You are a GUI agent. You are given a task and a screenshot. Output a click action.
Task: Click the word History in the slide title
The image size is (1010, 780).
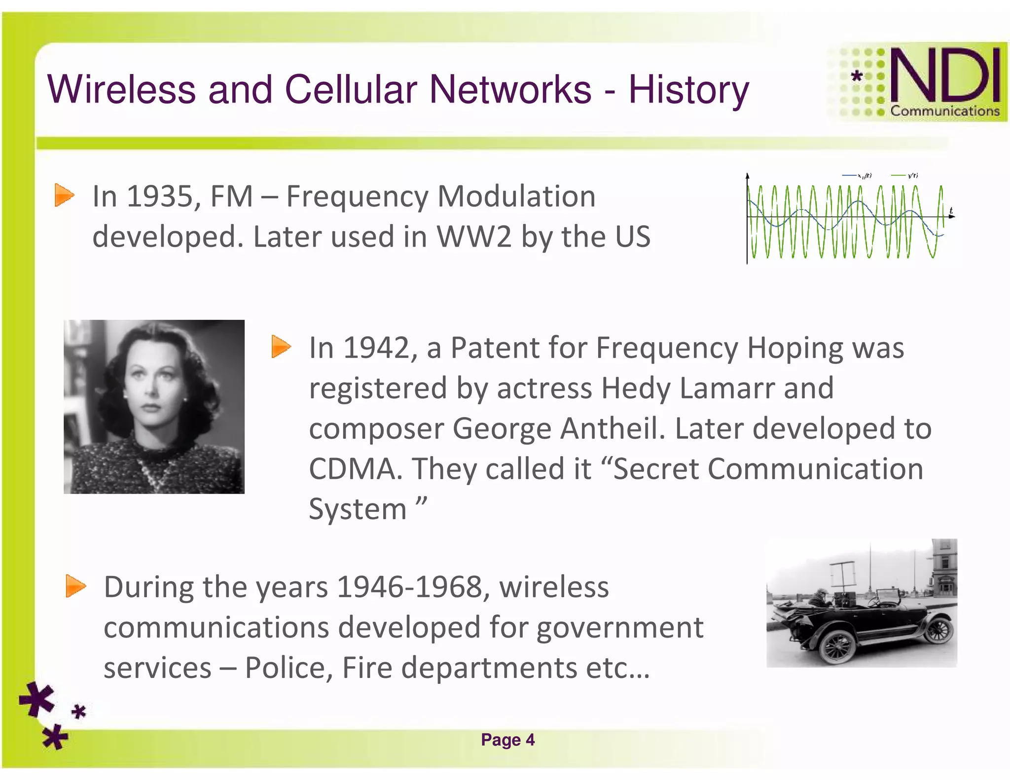coord(688,90)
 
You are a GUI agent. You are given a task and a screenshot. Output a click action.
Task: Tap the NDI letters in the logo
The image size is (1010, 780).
coord(945,76)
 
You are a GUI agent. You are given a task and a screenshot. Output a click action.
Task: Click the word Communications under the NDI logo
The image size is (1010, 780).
coord(944,111)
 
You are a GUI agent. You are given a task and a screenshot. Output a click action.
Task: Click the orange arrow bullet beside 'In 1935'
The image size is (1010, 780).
coord(64,195)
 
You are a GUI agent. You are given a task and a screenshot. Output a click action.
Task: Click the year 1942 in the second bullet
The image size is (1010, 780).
coord(376,348)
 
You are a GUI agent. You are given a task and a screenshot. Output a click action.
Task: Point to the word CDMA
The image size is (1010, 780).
coord(353,469)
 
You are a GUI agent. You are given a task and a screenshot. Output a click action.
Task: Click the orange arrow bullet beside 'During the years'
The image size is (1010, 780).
coord(75,586)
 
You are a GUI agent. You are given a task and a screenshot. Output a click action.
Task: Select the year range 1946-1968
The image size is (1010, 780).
coord(409,588)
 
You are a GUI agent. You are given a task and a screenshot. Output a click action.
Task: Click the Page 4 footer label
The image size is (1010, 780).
coord(507,740)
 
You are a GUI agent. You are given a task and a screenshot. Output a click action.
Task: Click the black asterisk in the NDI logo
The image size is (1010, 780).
coord(857,76)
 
